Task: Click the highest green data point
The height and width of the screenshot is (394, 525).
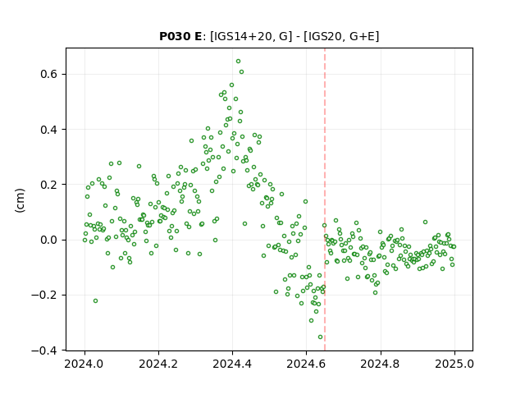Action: click(238, 62)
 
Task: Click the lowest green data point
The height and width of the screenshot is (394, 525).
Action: click(320, 337)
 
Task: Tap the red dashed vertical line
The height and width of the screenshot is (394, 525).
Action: click(325, 199)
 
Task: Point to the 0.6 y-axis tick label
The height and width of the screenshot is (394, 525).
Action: click(48, 74)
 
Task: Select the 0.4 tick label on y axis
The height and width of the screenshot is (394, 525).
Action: click(48, 130)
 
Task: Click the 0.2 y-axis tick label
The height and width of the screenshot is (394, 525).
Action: click(48, 185)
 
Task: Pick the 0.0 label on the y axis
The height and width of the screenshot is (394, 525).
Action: click(48, 240)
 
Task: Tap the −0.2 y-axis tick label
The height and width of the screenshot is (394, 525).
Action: click(44, 295)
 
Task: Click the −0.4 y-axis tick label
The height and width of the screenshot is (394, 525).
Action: click(44, 350)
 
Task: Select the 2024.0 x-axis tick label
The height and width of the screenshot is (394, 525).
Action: click(84, 364)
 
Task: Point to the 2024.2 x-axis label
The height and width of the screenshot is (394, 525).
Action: click(158, 364)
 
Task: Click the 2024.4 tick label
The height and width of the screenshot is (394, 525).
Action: click(232, 364)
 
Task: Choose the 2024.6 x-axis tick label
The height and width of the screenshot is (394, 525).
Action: click(306, 364)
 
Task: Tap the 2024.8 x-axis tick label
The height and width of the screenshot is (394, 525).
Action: click(381, 364)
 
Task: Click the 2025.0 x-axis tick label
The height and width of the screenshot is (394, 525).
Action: click(454, 364)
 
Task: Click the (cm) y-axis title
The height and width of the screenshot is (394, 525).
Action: click(20, 200)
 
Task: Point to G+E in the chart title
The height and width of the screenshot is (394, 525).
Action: click(362, 36)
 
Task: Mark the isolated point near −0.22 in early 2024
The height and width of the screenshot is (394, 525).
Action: click(95, 301)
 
